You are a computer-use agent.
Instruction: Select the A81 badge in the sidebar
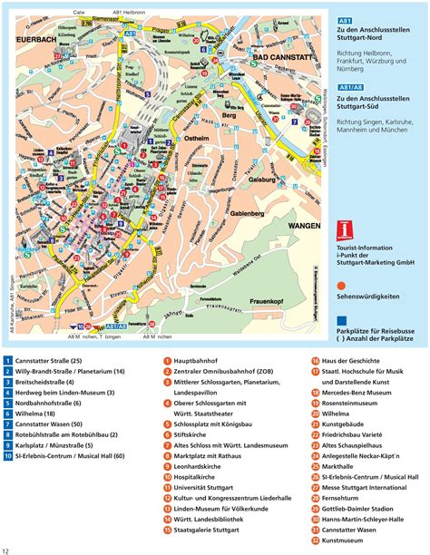346,20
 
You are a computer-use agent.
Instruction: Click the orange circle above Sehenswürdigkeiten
341,283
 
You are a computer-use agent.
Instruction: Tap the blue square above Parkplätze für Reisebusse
341,318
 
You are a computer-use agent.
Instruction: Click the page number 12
6,550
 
